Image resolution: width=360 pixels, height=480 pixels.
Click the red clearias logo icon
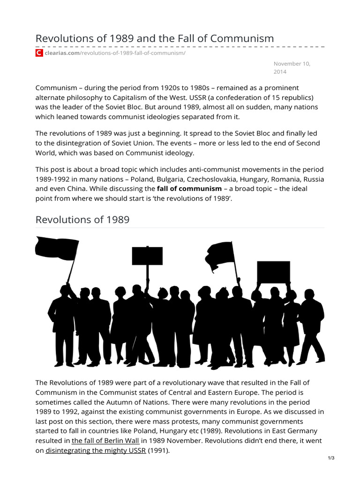(39, 53)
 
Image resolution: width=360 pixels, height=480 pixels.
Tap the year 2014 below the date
(280, 72)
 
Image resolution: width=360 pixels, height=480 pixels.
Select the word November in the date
(288, 63)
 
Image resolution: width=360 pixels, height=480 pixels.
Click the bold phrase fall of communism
(189, 188)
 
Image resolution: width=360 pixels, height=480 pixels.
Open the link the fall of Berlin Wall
(102, 441)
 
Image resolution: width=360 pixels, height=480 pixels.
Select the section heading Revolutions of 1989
(82, 219)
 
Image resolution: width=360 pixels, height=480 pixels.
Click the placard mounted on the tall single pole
(147, 256)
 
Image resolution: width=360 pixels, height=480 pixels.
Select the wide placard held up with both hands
(273, 272)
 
